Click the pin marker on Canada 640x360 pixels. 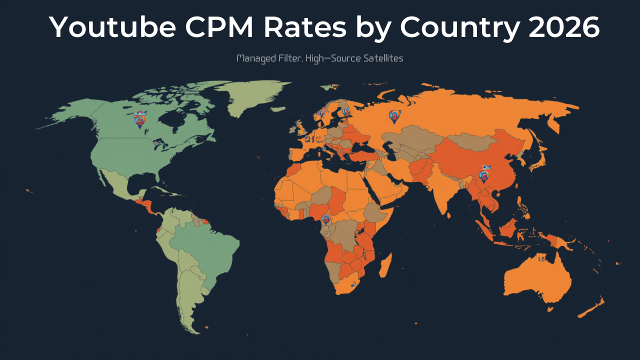140,120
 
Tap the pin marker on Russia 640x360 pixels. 394,116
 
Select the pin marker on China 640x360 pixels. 483,176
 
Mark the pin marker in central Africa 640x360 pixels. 326,218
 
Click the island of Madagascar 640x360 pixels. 385,265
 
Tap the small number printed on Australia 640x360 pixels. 541,259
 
